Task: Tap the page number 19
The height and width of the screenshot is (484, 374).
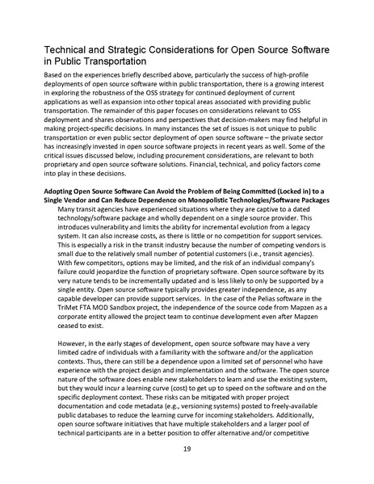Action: pyautogui.click(x=186, y=449)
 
